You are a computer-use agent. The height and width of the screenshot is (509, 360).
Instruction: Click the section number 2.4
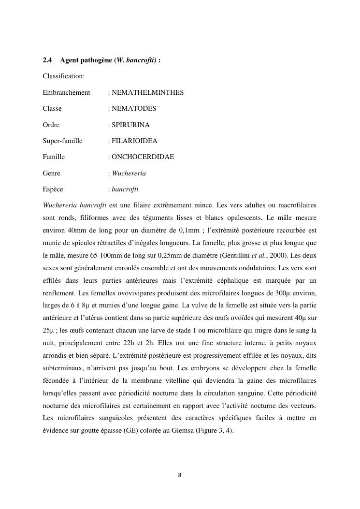click(47, 60)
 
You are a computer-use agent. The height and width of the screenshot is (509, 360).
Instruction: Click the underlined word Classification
click(62, 76)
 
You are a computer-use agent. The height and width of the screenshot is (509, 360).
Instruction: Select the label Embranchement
click(66, 92)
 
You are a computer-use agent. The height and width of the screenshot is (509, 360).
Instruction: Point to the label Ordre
click(51, 125)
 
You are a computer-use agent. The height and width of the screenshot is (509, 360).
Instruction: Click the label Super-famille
click(62, 141)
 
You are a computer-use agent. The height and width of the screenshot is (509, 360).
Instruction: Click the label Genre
click(51, 173)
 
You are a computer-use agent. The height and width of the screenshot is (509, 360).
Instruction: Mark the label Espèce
click(53, 189)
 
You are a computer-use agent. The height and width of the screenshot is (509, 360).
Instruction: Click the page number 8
click(180, 475)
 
